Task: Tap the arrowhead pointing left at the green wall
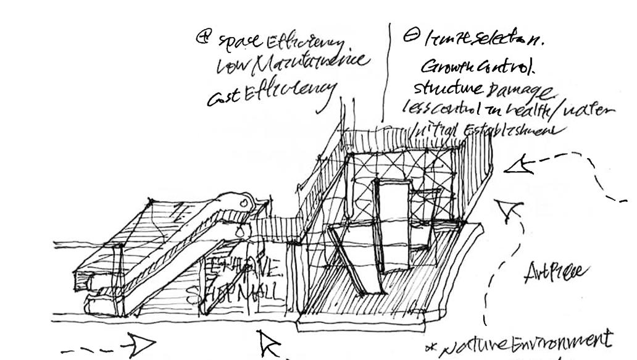(518, 165)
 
